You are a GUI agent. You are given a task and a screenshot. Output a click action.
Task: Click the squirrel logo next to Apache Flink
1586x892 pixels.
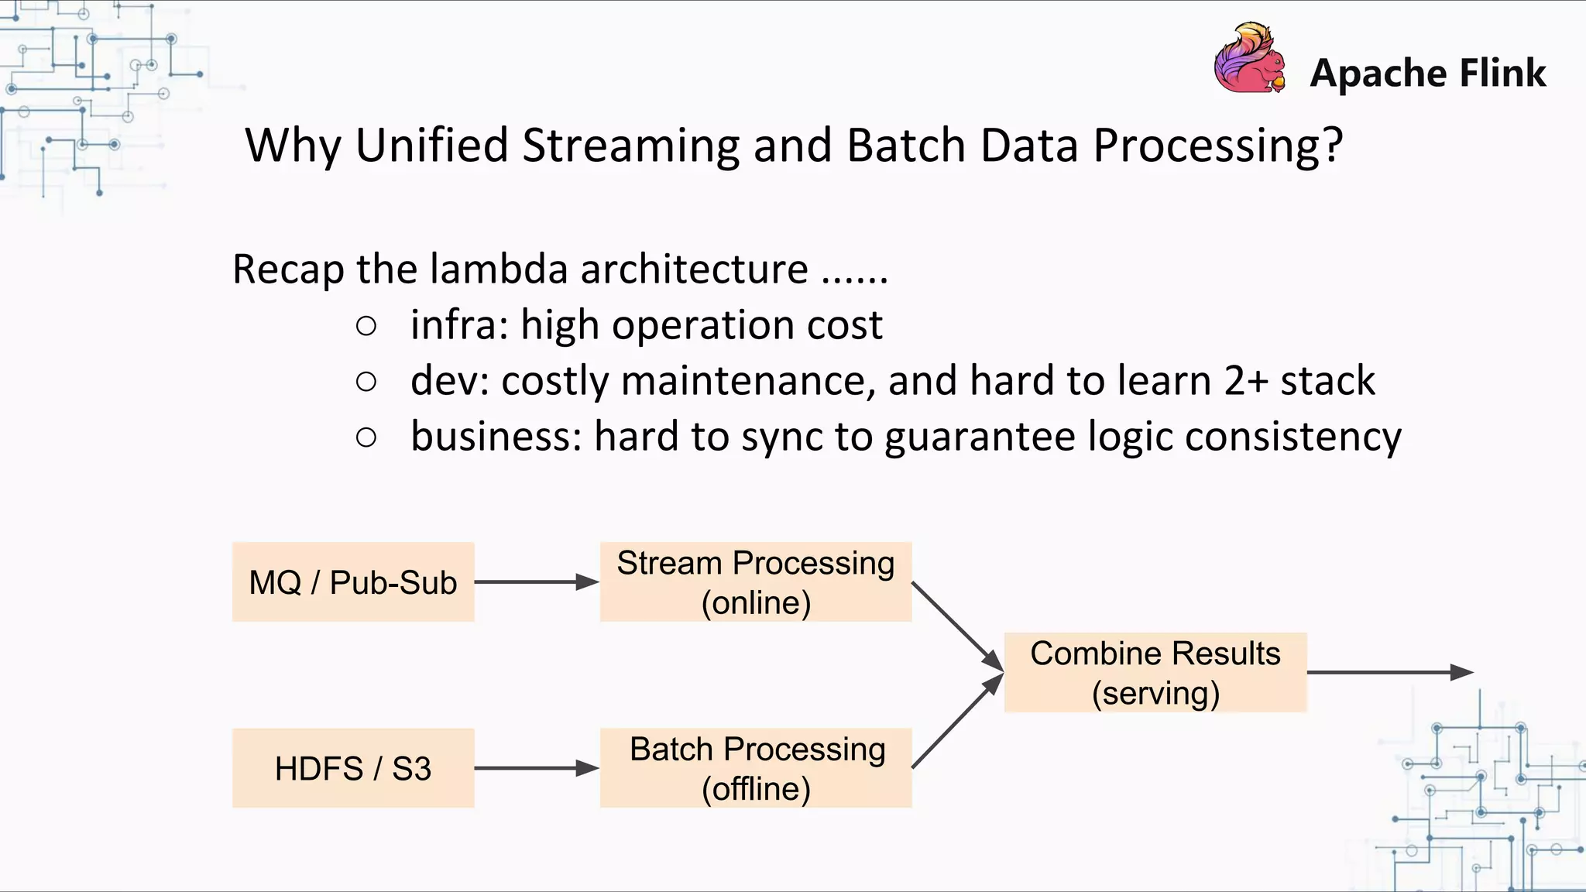click(1249, 59)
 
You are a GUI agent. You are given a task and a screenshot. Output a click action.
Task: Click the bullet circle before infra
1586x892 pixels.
click(366, 325)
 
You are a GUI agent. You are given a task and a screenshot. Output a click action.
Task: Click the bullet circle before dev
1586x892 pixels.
click(366, 381)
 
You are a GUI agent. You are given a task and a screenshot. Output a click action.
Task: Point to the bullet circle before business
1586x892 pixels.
click(366, 437)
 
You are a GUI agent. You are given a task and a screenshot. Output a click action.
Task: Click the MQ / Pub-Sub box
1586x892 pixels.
click(353, 582)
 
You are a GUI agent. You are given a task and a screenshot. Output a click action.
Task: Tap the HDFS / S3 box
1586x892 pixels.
click(353, 768)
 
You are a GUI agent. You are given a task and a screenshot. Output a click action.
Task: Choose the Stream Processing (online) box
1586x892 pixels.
click(756, 582)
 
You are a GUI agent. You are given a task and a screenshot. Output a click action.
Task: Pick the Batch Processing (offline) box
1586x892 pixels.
click(756, 768)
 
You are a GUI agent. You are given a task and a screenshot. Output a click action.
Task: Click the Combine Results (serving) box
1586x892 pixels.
click(1155, 672)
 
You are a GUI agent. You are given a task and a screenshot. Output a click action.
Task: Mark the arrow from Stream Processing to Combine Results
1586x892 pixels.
click(956, 625)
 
